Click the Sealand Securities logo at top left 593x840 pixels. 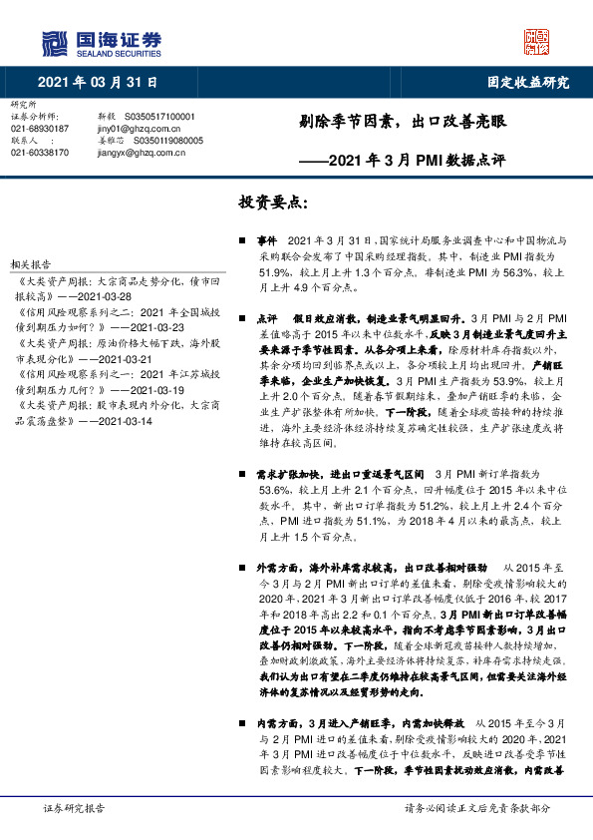coord(101,43)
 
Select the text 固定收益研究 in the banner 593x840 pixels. coord(527,82)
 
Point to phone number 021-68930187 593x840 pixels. coord(39,129)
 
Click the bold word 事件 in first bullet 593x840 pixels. coord(266,241)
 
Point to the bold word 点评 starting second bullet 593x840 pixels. coord(266,314)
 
